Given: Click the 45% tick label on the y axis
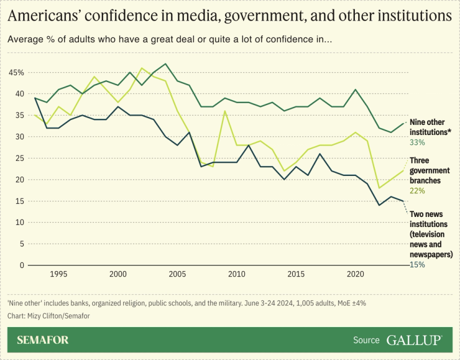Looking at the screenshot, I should [16, 72].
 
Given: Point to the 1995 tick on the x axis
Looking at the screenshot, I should [59, 274].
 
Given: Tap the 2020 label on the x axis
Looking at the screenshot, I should [355, 274].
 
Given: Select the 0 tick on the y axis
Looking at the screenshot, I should [21, 265].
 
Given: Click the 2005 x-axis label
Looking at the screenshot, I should [177, 274].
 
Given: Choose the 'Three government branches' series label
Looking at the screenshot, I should [429, 170].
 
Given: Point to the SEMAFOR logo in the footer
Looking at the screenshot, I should [43, 340].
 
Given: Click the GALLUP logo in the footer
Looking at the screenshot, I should [415, 340].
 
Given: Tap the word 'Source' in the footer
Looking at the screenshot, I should [366, 340].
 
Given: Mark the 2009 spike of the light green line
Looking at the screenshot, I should [224, 111].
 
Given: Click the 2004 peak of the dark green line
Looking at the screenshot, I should [165, 63].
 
